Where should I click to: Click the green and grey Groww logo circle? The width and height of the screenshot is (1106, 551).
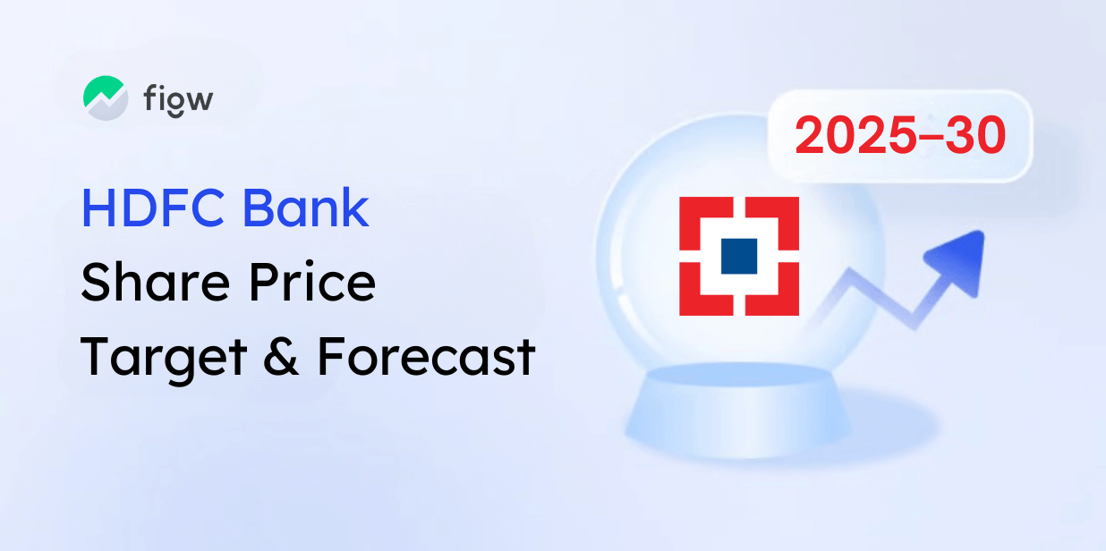(x=106, y=97)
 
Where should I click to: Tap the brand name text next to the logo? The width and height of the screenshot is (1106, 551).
(x=179, y=101)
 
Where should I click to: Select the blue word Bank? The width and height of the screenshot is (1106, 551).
(x=306, y=208)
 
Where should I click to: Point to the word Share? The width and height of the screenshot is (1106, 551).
(x=156, y=282)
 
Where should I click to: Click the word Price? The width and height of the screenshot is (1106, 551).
(x=312, y=282)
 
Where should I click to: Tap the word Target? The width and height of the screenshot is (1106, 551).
(x=164, y=358)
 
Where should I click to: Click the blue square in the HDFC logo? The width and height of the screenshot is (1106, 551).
(x=739, y=256)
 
